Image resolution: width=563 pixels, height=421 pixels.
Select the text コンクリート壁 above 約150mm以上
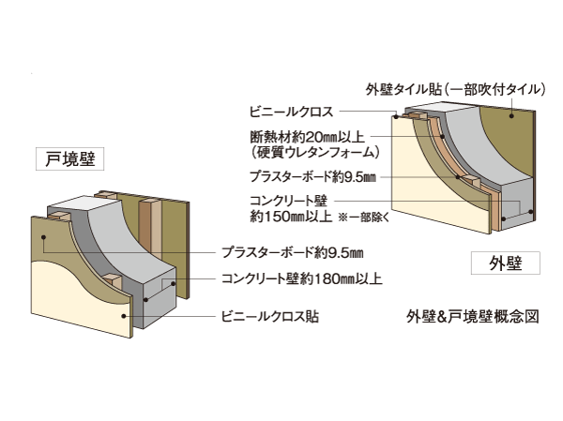click(287, 201)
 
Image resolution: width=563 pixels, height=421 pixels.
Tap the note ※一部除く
click(369, 217)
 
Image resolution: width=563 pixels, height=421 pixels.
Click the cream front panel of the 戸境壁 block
click(80, 291)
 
